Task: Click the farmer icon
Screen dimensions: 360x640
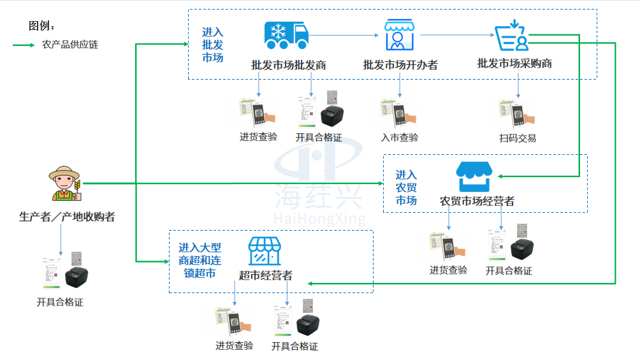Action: click(x=65, y=184)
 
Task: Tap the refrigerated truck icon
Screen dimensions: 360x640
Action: click(x=285, y=36)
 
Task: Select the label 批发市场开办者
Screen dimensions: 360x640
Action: click(x=400, y=65)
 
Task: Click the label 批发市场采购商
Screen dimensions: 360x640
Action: click(x=514, y=64)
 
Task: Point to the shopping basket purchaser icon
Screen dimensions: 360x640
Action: click(x=513, y=36)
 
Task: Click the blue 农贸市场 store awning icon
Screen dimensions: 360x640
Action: click(x=476, y=176)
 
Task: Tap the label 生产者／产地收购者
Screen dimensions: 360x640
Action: click(x=67, y=217)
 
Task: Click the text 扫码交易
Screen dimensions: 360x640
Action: click(x=518, y=138)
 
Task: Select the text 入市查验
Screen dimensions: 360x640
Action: click(x=400, y=138)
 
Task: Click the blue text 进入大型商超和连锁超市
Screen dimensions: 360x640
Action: click(x=200, y=260)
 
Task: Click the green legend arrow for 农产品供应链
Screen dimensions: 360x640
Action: click(x=24, y=45)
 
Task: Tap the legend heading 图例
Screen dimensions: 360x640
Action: click(x=42, y=25)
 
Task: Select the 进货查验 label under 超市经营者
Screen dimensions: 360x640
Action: click(x=234, y=346)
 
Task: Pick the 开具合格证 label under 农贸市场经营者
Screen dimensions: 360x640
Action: click(x=509, y=271)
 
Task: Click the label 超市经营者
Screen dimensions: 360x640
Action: click(x=266, y=275)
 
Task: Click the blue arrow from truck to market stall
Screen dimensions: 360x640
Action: click(x=344, y=36)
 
